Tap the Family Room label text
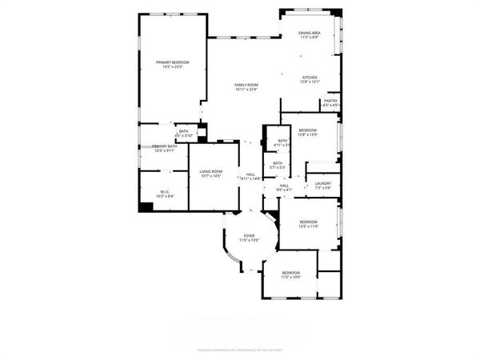pos(246,84)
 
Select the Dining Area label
pos(310,33)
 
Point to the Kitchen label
pos(310,78)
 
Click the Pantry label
pos(330,100)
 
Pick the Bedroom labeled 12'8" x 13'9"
pos(308,130)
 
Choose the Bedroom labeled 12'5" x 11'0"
pos(309,222)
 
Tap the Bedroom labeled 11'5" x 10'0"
pos(290,273)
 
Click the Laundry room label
pos(323,183)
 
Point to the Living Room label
pos(211,171)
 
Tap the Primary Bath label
pos(164,146)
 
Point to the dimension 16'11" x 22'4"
pos(246,89)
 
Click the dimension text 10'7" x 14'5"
pos(211,176)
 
